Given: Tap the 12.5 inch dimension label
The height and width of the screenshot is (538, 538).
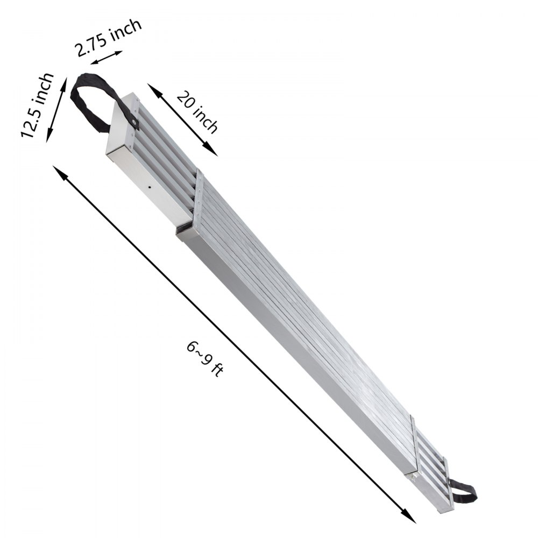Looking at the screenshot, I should tap(38, 105).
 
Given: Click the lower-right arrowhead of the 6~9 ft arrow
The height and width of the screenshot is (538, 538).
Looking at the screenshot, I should tap(409, 516).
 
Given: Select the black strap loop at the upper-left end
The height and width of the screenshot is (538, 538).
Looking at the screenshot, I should tap(91, 102).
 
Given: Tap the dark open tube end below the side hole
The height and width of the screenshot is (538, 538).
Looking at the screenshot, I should tap(184, 230).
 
